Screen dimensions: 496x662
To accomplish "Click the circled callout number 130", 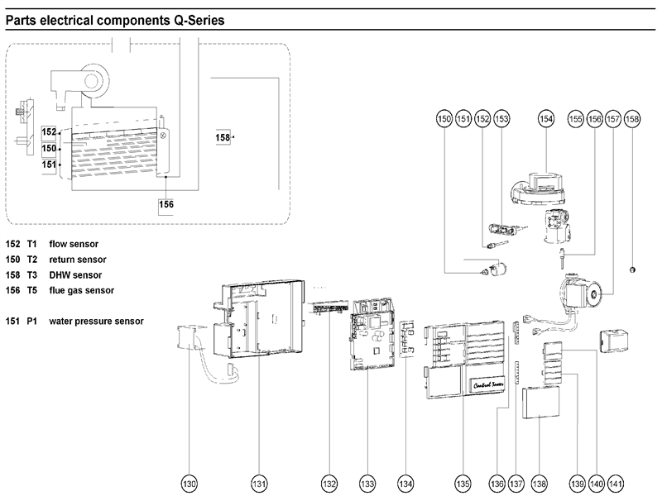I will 190,483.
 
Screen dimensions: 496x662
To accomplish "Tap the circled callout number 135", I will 463,483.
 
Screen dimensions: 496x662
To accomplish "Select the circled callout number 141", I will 615,483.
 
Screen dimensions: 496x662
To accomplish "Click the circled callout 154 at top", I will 546,120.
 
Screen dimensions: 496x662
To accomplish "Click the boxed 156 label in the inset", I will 166,203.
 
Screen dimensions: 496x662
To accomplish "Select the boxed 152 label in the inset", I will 49,132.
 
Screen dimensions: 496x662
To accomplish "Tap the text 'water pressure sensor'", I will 96,320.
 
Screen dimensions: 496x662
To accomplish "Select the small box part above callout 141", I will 615,341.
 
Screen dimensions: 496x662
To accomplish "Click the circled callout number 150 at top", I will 444,120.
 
